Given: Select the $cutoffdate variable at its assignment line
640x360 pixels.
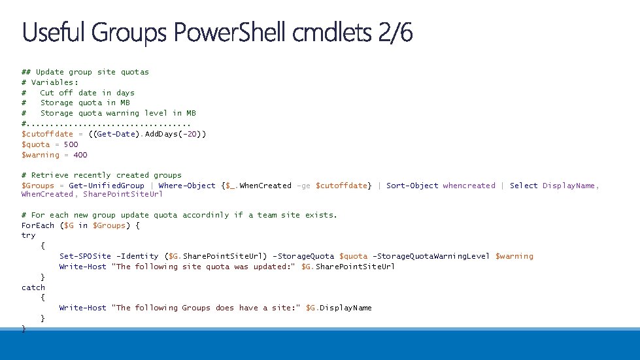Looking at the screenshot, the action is (x=47, y=134).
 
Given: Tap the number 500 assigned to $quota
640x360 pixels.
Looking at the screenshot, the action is (x=71, y=144).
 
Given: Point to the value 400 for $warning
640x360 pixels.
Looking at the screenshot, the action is (x=80, y=155).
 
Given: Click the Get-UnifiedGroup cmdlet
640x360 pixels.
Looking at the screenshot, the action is (x=107, y=186).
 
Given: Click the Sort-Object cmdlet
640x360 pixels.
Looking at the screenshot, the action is (x=413, y=186).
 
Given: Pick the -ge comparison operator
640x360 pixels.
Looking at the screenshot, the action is (x=303, y=186).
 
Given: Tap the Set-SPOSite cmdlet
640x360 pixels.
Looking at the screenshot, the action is (x=85, y=256).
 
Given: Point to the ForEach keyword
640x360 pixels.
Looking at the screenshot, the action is (x=38, y=225).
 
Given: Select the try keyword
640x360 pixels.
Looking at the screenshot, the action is (x=28, y=235).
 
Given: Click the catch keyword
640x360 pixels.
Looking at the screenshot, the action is (x=33, y=287).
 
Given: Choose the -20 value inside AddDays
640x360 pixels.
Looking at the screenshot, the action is (x=194, y=134).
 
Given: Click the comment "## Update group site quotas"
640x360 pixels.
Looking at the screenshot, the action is (x=85, y=72).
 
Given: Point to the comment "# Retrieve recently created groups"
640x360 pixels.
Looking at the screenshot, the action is (x=101, y=175).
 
